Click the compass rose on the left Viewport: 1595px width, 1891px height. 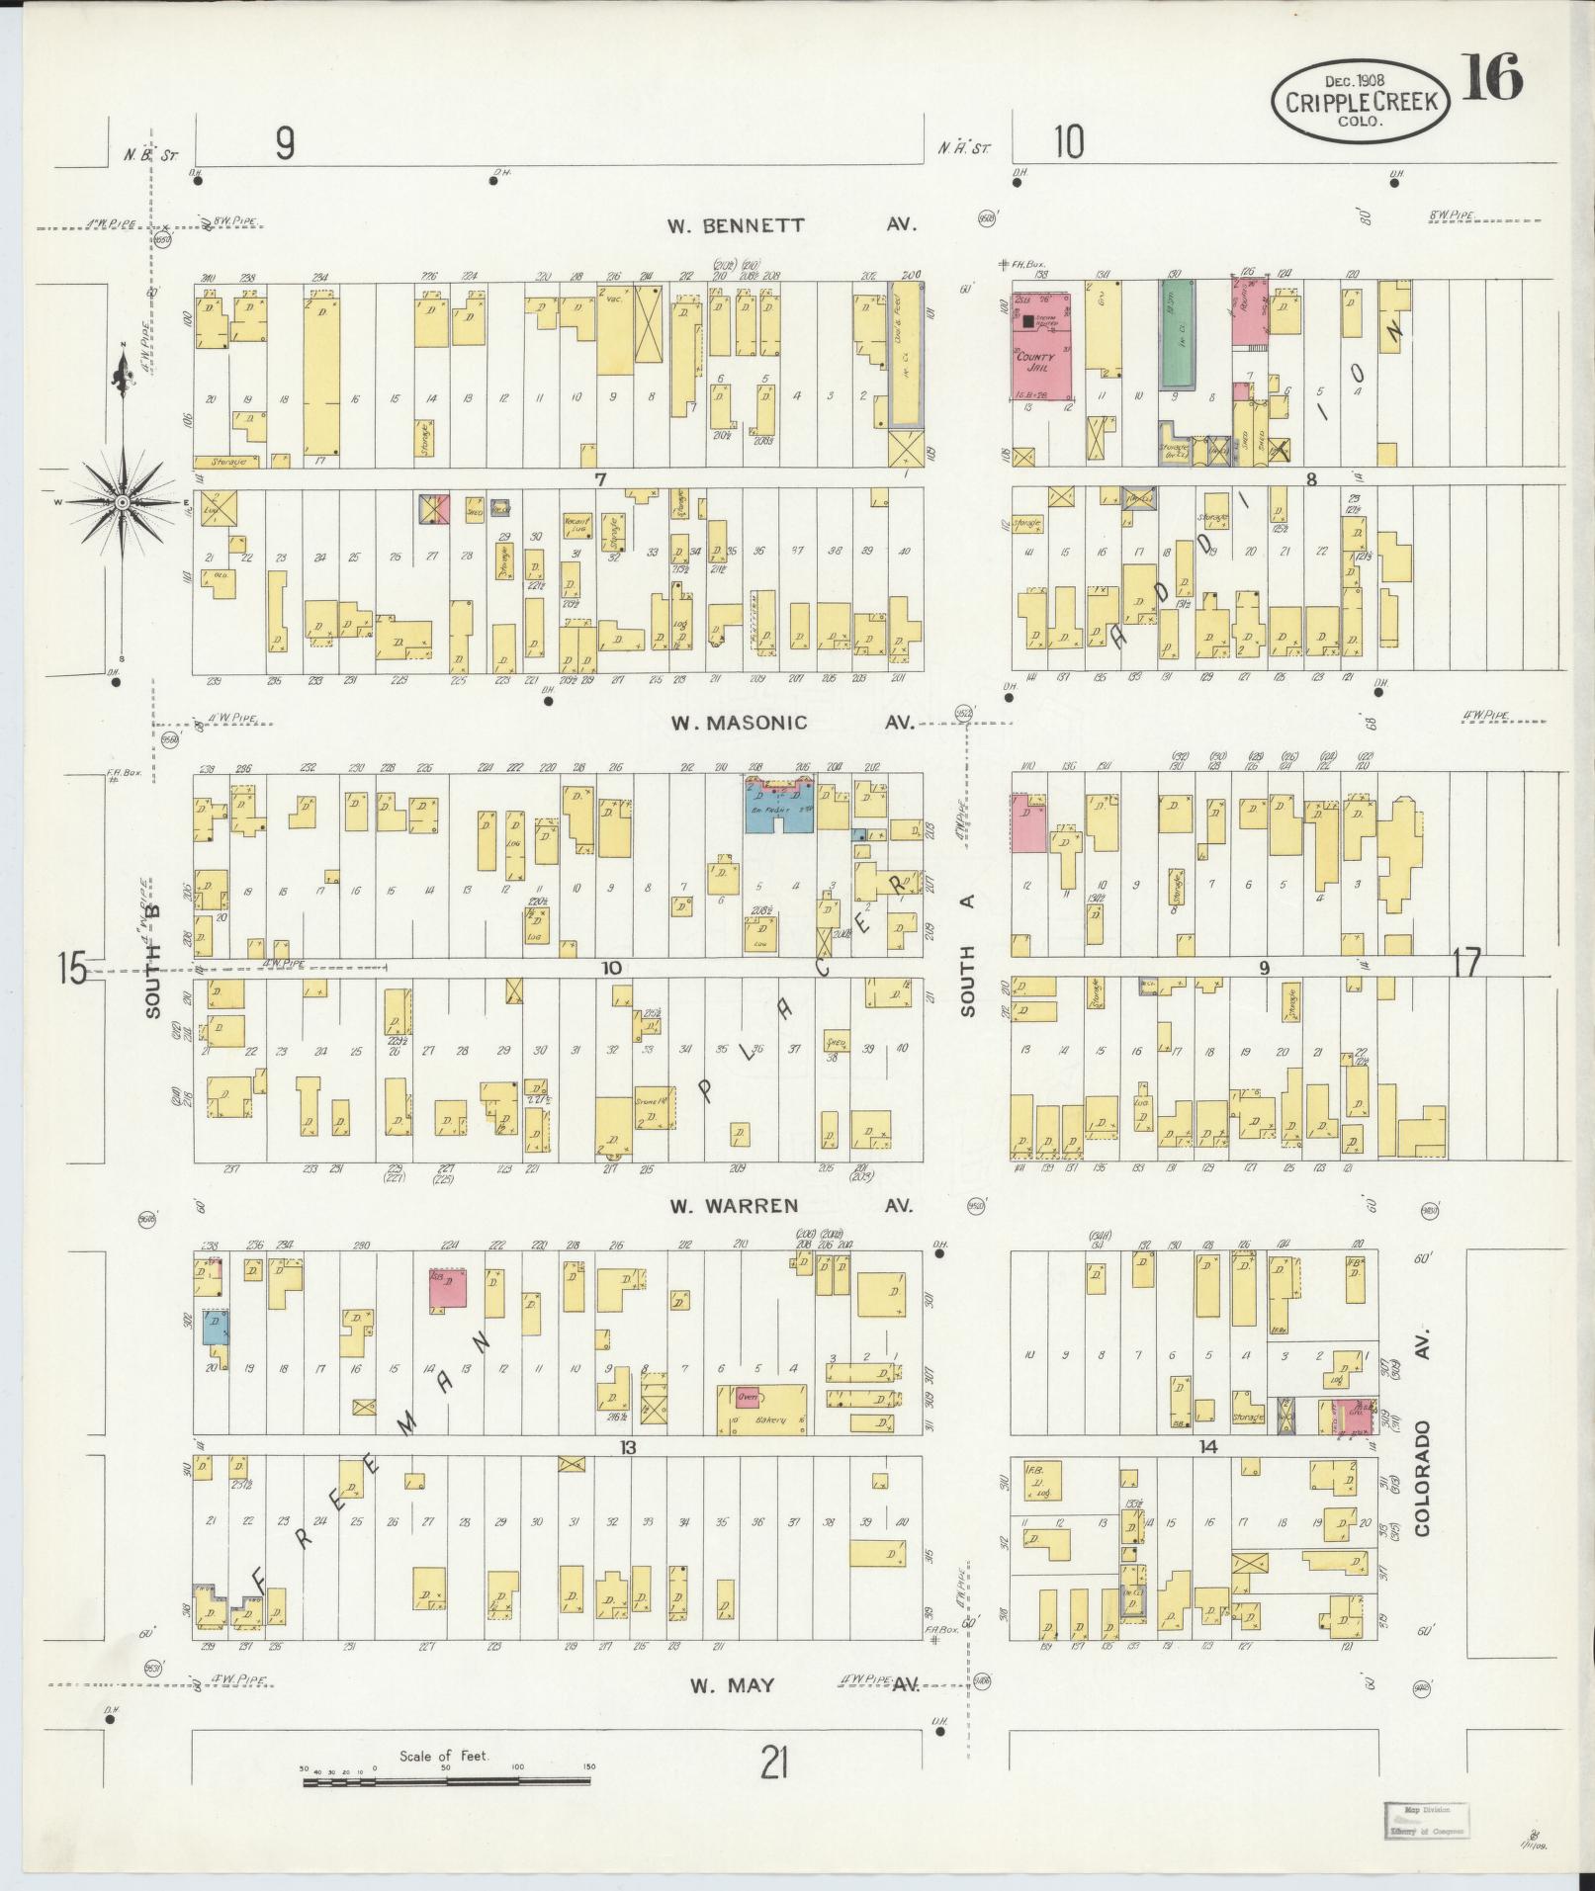click(x=123, y=503)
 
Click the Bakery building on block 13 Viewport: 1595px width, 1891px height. click(x=761, y=1410)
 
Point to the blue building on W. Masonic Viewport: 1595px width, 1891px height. click(x=779, y=806)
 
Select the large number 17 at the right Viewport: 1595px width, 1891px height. click(x=1467, y=962)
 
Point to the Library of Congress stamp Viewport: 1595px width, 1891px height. click(x=1425, y=1820)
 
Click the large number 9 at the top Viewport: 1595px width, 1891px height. click(x=285, y=145)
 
